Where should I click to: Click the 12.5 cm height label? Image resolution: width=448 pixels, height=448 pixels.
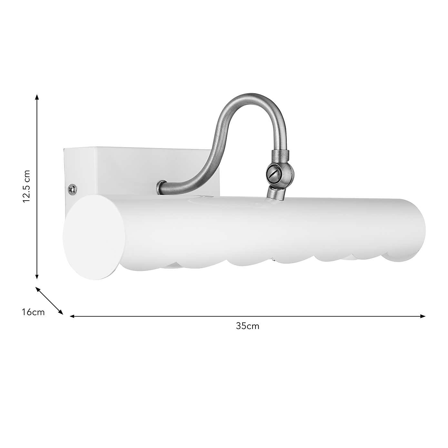pyautogui.click(x=26, y=186)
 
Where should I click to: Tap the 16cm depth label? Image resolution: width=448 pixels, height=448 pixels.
pyautogui.click(x=33, y=312)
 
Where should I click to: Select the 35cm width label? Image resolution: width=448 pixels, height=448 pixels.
pyautogui.click(x=247, y=326)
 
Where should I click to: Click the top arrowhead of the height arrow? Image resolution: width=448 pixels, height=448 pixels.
pyautogui.click(x=37, y=97)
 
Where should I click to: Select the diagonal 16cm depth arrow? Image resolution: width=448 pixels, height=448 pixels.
pyautogui.click(x=49, y=300)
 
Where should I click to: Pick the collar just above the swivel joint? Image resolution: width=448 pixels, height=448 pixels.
pyautogui.click(x=281, y=155)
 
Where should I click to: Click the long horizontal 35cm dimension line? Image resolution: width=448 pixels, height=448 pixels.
pyautogui.click(x=247, y=316)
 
